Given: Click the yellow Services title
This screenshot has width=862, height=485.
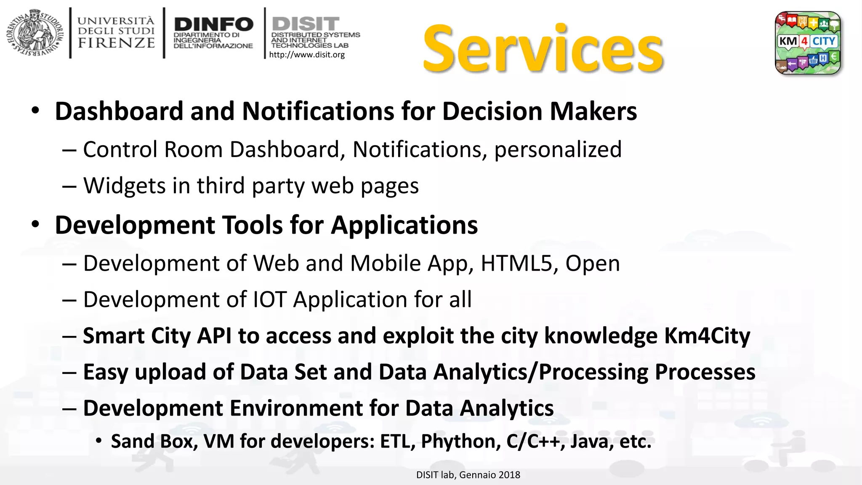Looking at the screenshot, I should coord(543,50).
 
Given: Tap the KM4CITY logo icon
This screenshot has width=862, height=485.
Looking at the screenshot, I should coord(808,43).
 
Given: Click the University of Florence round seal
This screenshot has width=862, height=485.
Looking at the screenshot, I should coord(35,33).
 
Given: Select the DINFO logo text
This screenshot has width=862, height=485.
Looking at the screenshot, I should coord(213,24).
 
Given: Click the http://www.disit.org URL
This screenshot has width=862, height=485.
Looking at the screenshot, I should coord(307,55).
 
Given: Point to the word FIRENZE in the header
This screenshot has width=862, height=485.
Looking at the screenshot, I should coord(117,43).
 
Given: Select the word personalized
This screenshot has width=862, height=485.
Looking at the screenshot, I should coord(558,149).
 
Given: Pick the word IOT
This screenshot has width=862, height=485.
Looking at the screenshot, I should coord(270,300).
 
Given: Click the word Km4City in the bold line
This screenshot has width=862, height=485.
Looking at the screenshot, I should coord(707,336).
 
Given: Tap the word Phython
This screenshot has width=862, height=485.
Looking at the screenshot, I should coord(460,441).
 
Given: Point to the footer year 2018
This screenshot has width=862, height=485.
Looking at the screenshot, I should coord(510,475).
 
